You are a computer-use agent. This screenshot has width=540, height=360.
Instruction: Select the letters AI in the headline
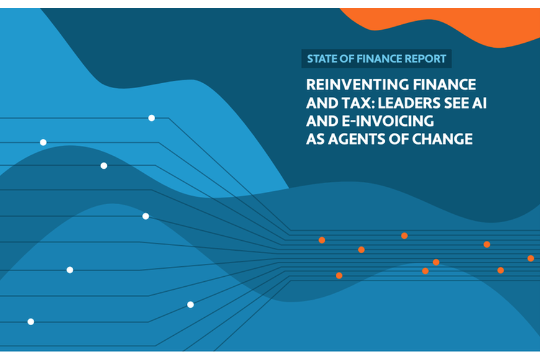click(x=480, y=102)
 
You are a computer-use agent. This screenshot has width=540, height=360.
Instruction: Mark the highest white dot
click(x=151, y=118)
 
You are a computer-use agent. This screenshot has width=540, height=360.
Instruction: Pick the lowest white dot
click(x=30, y=322)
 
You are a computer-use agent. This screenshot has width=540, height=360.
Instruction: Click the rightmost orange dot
click(x=531, y=258)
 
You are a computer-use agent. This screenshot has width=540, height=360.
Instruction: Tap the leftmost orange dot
click(x=322, y=240)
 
